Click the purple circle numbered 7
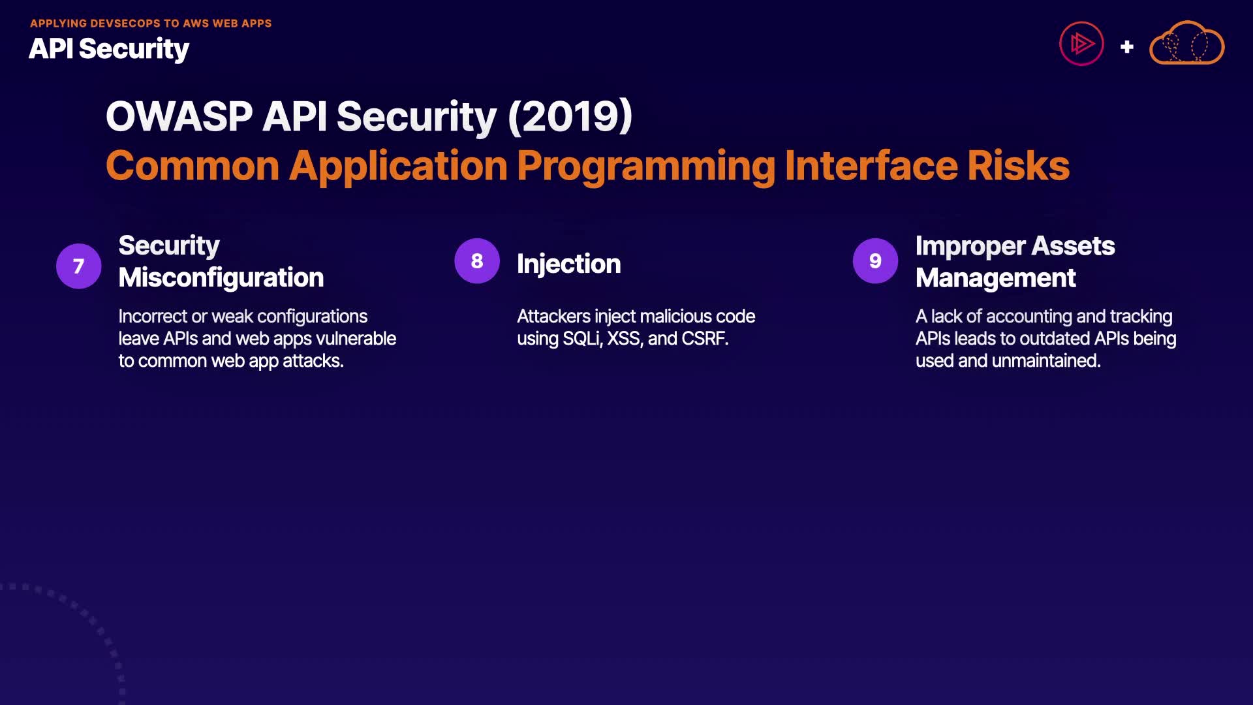[78, 266]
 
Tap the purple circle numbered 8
[477, 260]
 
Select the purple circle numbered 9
[875, 260]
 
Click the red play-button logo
[1081, 44]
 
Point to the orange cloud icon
[1186, 43]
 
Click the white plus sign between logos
[1126, 47]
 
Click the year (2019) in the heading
[570, 116]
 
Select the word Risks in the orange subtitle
[1018, 166]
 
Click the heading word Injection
[568, 264]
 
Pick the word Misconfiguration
[221, 277]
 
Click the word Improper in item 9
[970, 246]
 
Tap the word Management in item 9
[995, 278]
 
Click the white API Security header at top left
[109, 49]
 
